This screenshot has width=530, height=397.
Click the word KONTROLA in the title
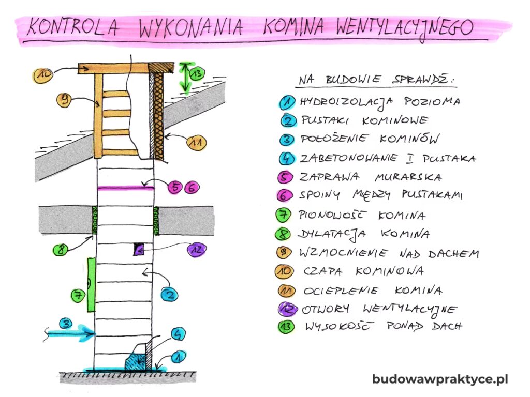click(x=72, y=27)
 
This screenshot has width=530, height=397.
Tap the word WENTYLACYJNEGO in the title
click(x=404, y=27)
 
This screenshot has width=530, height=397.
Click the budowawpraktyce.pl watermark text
click(x=440, y=379)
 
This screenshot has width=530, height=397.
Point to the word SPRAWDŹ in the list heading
click(x=422, y=80)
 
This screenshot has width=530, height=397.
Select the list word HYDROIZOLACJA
click(x=346, y=102)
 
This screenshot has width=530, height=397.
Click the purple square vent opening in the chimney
click(x=138, y=249)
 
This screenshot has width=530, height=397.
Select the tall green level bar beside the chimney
click(x=91, y=285)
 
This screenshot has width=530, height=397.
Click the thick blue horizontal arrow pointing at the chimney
click(x=69, y=333)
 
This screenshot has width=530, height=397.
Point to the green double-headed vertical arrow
click(x=185, y=78)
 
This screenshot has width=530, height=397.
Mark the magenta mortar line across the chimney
click(x=125, y=188)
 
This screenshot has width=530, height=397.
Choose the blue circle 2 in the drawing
click(x=169, y=295)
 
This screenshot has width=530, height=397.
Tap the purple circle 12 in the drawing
click(x=196, y=250)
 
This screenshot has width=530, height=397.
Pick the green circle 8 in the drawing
click(x=61, y=250)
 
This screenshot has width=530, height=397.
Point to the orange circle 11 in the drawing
click(x=196, y=143)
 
